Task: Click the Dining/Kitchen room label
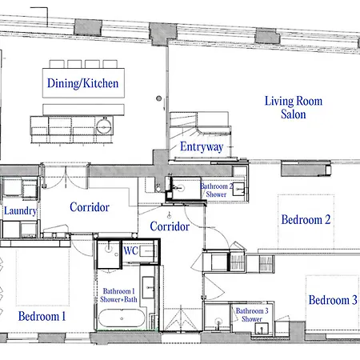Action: pyautogui.click(x=83, y=83)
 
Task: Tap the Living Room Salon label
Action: pyautogui.click(x=294, y=107)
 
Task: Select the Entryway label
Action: pyautogui.click(x=202, y=146)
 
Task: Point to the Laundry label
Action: pyautogui.click(x=20, y=210)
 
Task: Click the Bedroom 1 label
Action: pyautogui.click(x=42, y=316)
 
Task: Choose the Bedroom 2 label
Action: pyautogui.click(x=306, y=220)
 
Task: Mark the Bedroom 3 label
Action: pyautogui.click(x=333, y=300)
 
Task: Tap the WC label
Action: pyautogui.click(x=130, y=250)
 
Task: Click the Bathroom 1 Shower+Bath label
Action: pyautogui.click(x=118, y=295)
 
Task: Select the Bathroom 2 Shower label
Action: pyautogui.click(x=217, y=190)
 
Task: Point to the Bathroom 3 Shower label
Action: pyautogui.click(x=252, y=314)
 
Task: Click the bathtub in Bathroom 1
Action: pyautogui.click(x=122, y=318)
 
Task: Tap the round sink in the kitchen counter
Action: pyautogui.click(x=104, y=126)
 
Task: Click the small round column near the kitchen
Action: pyautogui.click(x=159, y=98)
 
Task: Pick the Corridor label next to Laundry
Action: pyautogui.click(x=90, y=207)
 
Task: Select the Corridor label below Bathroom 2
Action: pyautogui.click(x=170, y=226)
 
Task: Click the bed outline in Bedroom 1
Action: pyautogui.click(x=43, y=278)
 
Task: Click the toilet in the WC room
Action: pyautogui.click(x=146, y=251)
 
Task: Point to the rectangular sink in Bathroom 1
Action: pyautogui.click(x=149, y=287)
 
